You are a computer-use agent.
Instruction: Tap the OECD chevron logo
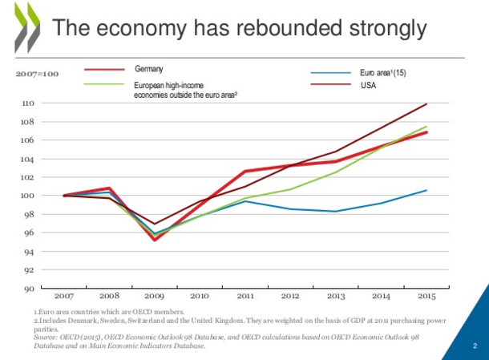27,28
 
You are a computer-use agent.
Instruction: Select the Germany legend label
149,69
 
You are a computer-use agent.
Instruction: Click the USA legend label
368,85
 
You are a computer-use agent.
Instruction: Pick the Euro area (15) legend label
383,73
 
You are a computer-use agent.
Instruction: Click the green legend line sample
104,84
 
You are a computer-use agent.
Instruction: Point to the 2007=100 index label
37,74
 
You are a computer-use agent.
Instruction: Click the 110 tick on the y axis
28,103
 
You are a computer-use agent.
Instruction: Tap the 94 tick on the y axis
29,252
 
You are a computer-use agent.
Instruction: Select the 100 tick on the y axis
28,196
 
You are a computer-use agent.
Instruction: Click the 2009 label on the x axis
155,296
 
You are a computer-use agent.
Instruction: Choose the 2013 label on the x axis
336,296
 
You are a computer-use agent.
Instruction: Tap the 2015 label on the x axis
426,296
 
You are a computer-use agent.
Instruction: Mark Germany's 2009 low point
155,240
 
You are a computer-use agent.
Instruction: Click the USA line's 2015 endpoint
426,104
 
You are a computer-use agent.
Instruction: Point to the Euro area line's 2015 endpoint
426,190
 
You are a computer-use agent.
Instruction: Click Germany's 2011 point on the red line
245,171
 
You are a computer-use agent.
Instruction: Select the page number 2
475,346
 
